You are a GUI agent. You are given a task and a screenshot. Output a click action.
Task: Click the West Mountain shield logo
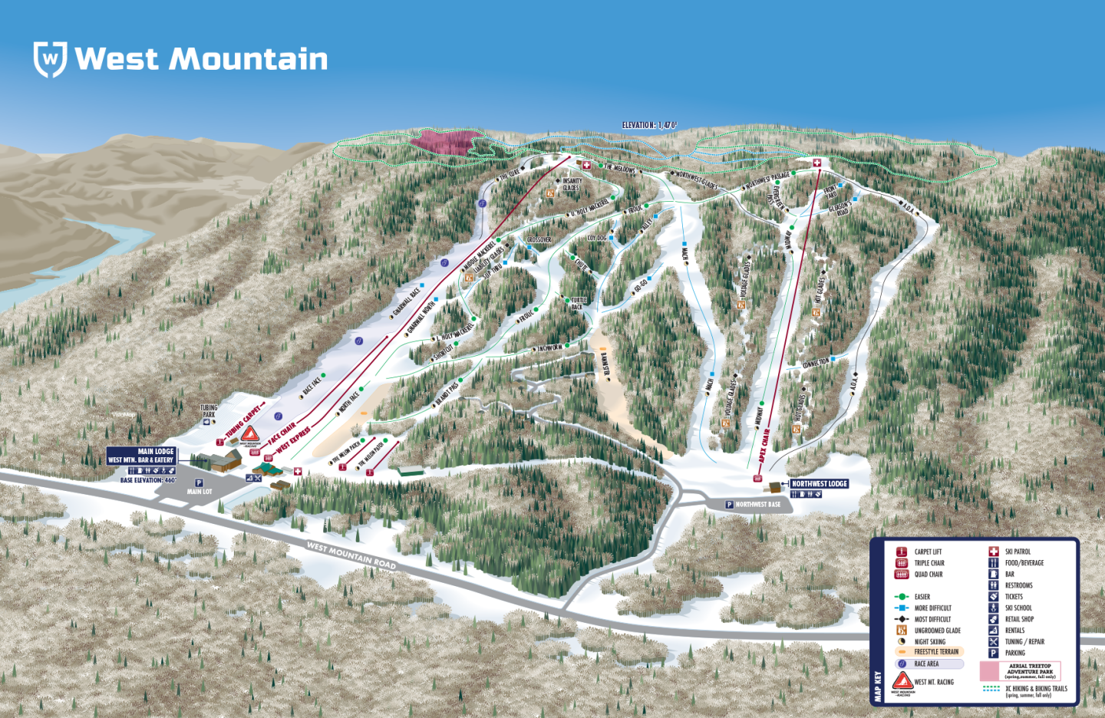(x=50, y=59)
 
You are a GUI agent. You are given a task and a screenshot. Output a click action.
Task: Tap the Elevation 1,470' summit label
(x=649, y=125)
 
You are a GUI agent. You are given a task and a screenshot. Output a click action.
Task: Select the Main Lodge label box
(x=141, y=456)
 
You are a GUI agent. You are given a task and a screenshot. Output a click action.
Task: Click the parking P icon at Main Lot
(x=199, y=483)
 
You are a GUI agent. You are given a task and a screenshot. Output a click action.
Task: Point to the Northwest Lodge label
(x=820, y=484)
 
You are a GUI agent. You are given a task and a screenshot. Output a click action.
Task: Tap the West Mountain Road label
(x=351, y=555)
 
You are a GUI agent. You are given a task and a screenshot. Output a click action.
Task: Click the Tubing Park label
(x=209, y=411)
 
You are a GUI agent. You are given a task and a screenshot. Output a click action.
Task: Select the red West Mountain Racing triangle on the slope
(x=250, y=434)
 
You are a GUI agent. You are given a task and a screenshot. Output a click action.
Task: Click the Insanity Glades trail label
(x=571, y=185)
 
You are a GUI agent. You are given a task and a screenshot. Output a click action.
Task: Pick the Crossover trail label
(x=539, y=240)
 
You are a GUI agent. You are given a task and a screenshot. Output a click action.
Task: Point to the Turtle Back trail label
(x=578, y=303)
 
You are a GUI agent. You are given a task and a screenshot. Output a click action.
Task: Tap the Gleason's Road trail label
(x=841, y=208)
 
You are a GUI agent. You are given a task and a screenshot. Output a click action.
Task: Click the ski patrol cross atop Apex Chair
(x=816, y=163)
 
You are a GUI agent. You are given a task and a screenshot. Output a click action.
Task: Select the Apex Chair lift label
(x=764, y=445)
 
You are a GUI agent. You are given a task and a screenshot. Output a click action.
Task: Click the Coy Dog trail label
(x=597, y=239)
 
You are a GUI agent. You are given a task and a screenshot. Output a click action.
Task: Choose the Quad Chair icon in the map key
(x=902, y=574)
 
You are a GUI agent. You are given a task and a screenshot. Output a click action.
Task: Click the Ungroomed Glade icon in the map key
(x=902, y=631)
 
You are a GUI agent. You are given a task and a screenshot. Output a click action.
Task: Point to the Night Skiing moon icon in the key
(x=902, y=641)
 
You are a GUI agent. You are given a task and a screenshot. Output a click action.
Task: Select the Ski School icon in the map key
(x=993, y=608)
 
